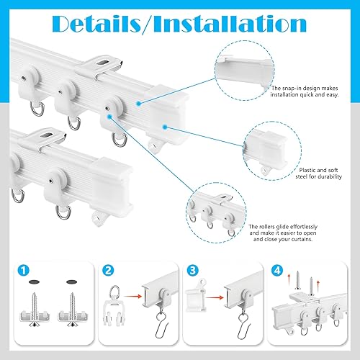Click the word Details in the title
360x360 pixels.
pos(96,24)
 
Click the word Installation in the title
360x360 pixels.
pos(230,24)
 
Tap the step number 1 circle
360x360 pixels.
pos(24,271)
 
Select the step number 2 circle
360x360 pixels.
pos(108,271)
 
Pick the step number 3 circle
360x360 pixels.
pos(192,271)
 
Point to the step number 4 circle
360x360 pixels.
pos(277,271)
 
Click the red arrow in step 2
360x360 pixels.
pos(132,297)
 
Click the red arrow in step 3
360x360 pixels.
pos(215,298)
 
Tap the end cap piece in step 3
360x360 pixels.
pos(196,297)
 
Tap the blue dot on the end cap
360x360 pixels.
pos(165,127)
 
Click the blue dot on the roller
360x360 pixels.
pos(109,117)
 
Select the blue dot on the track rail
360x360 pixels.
pos(138,104)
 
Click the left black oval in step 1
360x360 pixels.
pos(34,282)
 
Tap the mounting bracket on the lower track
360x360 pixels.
pos(45,140)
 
